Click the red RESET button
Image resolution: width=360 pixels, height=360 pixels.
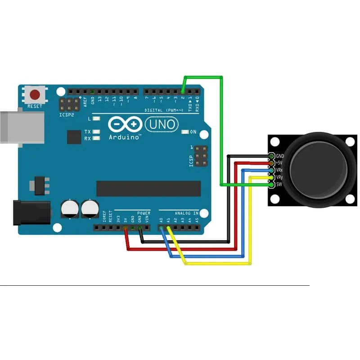(35, 95)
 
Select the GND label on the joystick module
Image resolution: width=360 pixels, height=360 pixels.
(280, 156)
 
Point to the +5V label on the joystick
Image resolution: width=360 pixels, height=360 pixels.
(279, 163)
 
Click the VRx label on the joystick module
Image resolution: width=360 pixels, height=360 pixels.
(279, 170)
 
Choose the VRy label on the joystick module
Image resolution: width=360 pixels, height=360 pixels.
(279, 177)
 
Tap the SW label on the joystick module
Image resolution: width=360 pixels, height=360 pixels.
(279, 184)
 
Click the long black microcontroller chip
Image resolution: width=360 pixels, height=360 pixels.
(148, 189)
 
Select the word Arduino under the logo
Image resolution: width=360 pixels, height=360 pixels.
(124, 137)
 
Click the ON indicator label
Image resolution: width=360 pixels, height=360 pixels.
(193, 132)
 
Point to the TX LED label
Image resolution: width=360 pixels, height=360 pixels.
(87, 132)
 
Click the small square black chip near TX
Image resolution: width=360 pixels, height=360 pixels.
(73, 137)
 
